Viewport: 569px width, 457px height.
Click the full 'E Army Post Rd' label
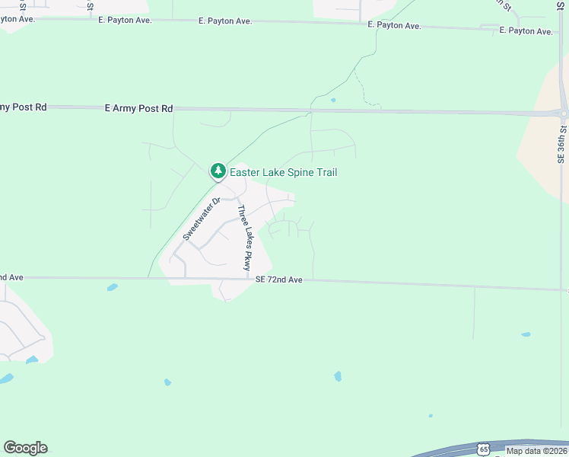point(138,109)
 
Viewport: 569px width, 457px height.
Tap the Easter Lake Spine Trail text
point(283,173)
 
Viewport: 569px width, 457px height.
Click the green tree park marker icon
point(218,171)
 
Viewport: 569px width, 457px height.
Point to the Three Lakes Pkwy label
point(243,238)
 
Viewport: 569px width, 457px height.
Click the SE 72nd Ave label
point(279,280)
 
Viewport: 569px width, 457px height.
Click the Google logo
point(25,448)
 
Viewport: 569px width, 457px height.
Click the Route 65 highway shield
point(484,449)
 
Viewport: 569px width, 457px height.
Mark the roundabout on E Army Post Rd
point(564,113)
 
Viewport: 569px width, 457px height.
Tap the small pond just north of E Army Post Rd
point(333,100)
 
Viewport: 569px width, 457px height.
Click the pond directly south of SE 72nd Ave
point(113,287)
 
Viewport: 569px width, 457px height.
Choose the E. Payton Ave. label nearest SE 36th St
point(526,31)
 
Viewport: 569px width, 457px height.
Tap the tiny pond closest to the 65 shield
point(431,416)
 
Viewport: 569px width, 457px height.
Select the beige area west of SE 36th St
point(542,137)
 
